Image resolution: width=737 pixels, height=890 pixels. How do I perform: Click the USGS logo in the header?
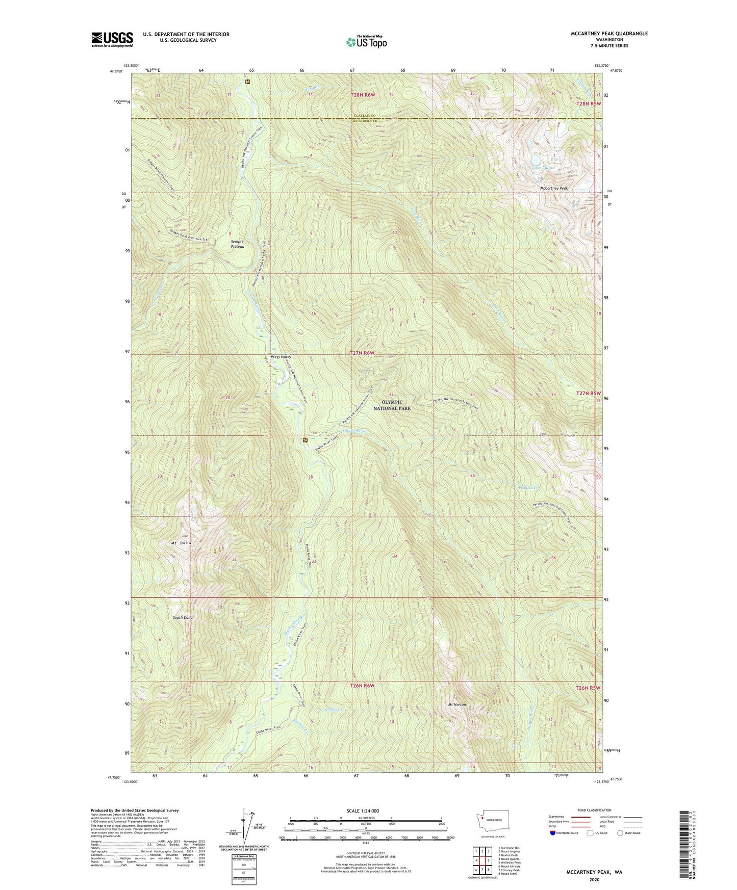(112, 39)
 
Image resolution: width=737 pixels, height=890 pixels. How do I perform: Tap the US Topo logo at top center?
(366, 42)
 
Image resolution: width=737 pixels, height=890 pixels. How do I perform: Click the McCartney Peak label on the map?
(554, 188)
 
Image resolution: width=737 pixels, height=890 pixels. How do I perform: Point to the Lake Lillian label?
(543, 168)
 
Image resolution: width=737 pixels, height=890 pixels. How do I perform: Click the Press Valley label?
(281, 357)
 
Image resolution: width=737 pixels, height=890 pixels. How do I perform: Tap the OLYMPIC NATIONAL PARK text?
(392, 405)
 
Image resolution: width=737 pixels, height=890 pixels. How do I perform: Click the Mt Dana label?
(181, 543)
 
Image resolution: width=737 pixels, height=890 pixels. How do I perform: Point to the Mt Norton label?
(457, 704)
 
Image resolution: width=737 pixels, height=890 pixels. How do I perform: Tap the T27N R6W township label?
(362, 353)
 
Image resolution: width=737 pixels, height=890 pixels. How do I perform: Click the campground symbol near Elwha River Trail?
(305, 439)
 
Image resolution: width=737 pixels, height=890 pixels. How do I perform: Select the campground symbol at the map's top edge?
(247, 81)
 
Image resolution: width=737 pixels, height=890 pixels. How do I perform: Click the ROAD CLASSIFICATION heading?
(595, 810)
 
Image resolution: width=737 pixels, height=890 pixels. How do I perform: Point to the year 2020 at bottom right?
(594, 879)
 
